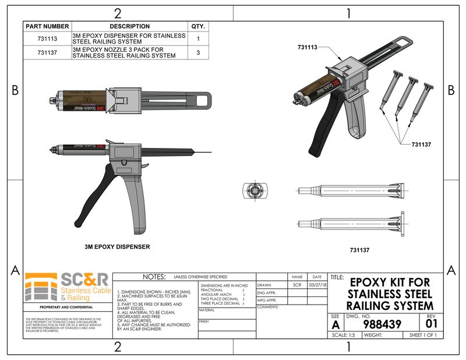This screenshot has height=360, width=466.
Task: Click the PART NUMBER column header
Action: coord(47,26)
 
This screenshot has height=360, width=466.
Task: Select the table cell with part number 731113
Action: coord(47,39)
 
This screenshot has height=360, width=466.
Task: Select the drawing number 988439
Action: coord(381,324)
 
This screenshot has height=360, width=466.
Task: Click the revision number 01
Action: coord(431,323)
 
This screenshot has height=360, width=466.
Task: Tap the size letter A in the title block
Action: coord(336,324)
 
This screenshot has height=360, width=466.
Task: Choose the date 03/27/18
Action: coord(317,285)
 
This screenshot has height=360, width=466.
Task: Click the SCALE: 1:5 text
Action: coord(344,336)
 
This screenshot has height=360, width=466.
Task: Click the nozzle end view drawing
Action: coord(254,190)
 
